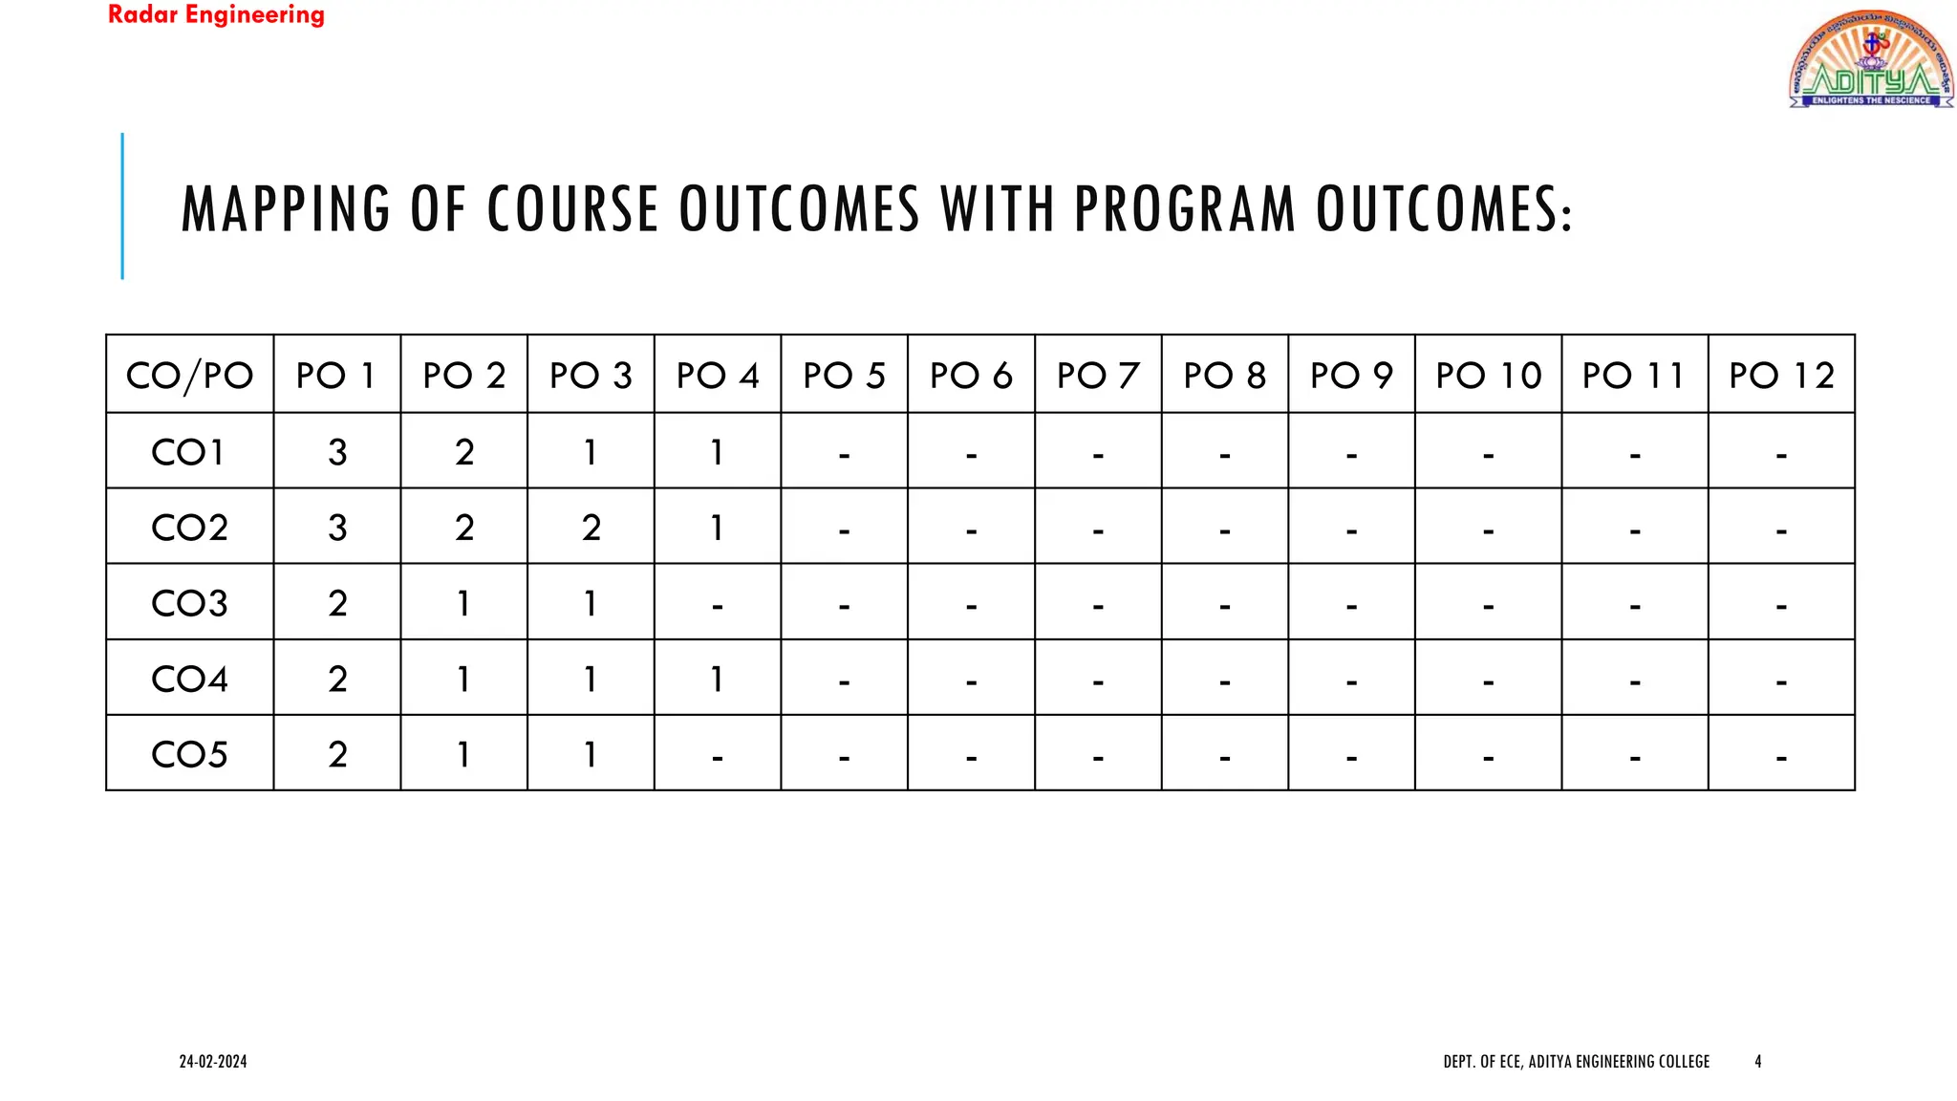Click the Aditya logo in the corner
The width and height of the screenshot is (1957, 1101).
pos(1870,59)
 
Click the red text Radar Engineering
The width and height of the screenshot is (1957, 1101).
pos(216,15)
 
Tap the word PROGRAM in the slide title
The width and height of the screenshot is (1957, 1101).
pos(1184,209)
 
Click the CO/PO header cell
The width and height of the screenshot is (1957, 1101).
pos(189,375)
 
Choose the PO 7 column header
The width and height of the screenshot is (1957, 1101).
pos(1098,375)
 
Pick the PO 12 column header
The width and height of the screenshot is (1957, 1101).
pos(1781,375)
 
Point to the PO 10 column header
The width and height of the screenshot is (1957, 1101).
pos(1488,375)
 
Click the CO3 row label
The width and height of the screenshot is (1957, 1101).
pos(189,602)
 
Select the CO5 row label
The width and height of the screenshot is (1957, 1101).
pos(189,754)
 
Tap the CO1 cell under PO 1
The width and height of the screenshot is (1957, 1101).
pos(337,451)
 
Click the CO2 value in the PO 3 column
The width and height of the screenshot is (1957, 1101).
pos(591,527)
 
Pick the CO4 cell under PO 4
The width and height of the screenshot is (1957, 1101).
pos(717,679)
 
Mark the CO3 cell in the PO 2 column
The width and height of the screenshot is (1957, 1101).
pos(463,602)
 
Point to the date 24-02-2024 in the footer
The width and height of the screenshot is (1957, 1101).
pos(213,1061)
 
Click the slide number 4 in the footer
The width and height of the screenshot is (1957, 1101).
pos(1757,1061)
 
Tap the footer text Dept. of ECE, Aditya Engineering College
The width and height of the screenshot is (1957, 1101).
pos(1576,1061)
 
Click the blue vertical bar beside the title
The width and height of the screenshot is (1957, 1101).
pos(122,206)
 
